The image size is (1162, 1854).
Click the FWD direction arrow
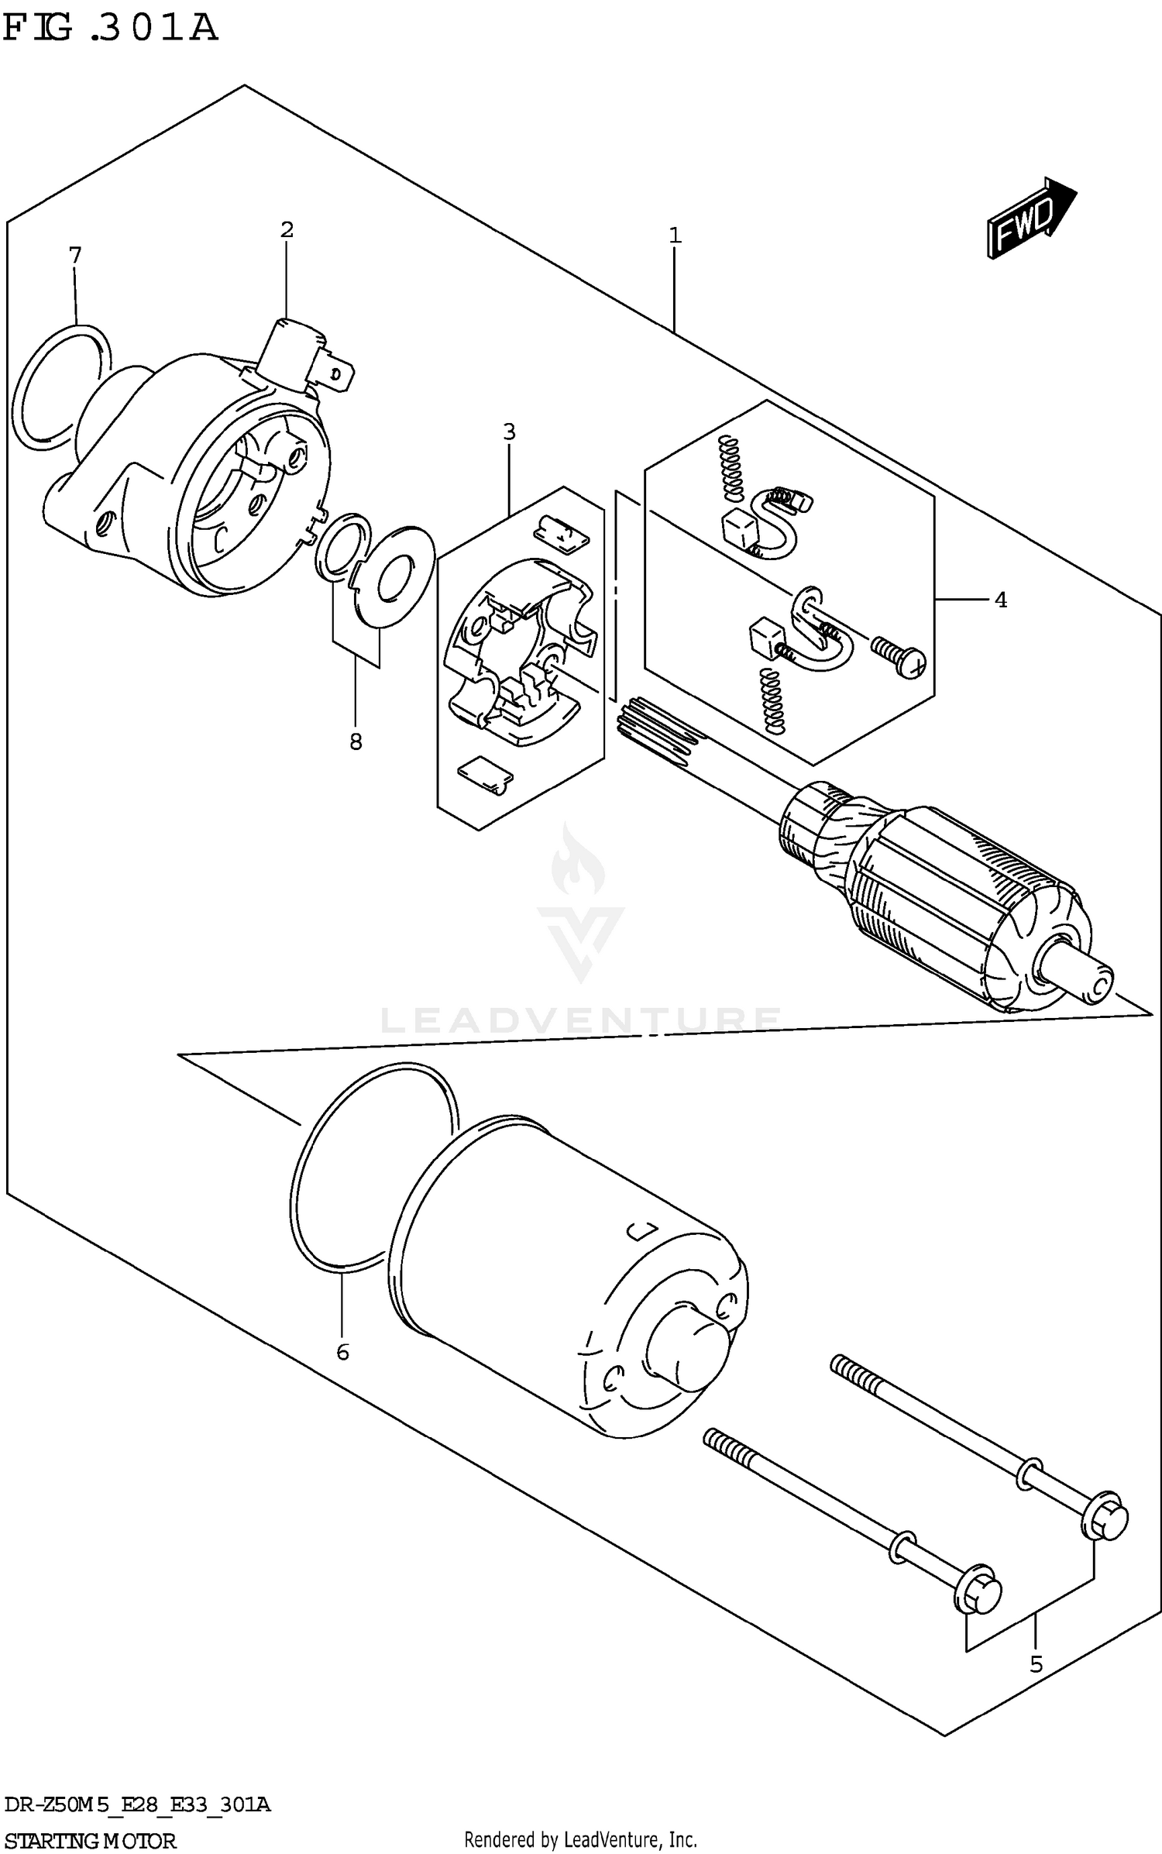(x=1030, y=218)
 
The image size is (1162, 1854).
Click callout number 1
(x=675, y=236)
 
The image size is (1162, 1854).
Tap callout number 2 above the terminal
(x=287, y=229)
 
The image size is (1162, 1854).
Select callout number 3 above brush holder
(x=509, y=432)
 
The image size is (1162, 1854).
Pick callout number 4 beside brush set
(x=1000, y=600)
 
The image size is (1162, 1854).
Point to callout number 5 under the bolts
(x=1036, y=1664)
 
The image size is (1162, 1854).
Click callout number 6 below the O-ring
(x=342, y=1353)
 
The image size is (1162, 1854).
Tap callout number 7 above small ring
(x=74, y=255)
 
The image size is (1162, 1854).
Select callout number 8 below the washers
(x=356, y=742)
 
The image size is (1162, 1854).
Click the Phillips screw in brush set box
(x=902, y=655)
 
